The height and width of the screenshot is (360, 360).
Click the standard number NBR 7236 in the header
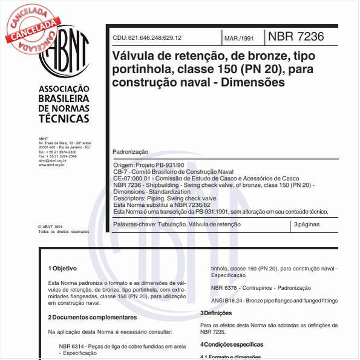[x=295, y=36]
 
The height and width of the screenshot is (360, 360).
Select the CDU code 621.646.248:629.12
[x=147, y=38]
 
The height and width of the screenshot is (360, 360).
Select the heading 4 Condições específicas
[x=232, y=344]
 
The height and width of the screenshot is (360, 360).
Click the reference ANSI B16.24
[x=224, y=301]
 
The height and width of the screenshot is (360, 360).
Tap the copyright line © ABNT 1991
[x=50, y=226]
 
